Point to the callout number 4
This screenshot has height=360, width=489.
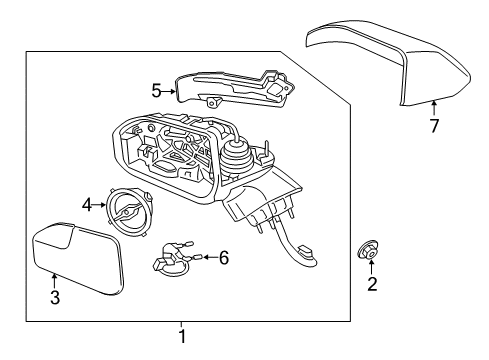pos(87,205)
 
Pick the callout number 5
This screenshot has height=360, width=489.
pos(157,90)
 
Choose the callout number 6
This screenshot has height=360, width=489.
pos(223,258)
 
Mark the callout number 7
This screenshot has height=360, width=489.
pos(434,127)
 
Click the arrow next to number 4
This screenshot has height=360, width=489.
pos(101,205)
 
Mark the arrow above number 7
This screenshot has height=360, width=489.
pos(434,109)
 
